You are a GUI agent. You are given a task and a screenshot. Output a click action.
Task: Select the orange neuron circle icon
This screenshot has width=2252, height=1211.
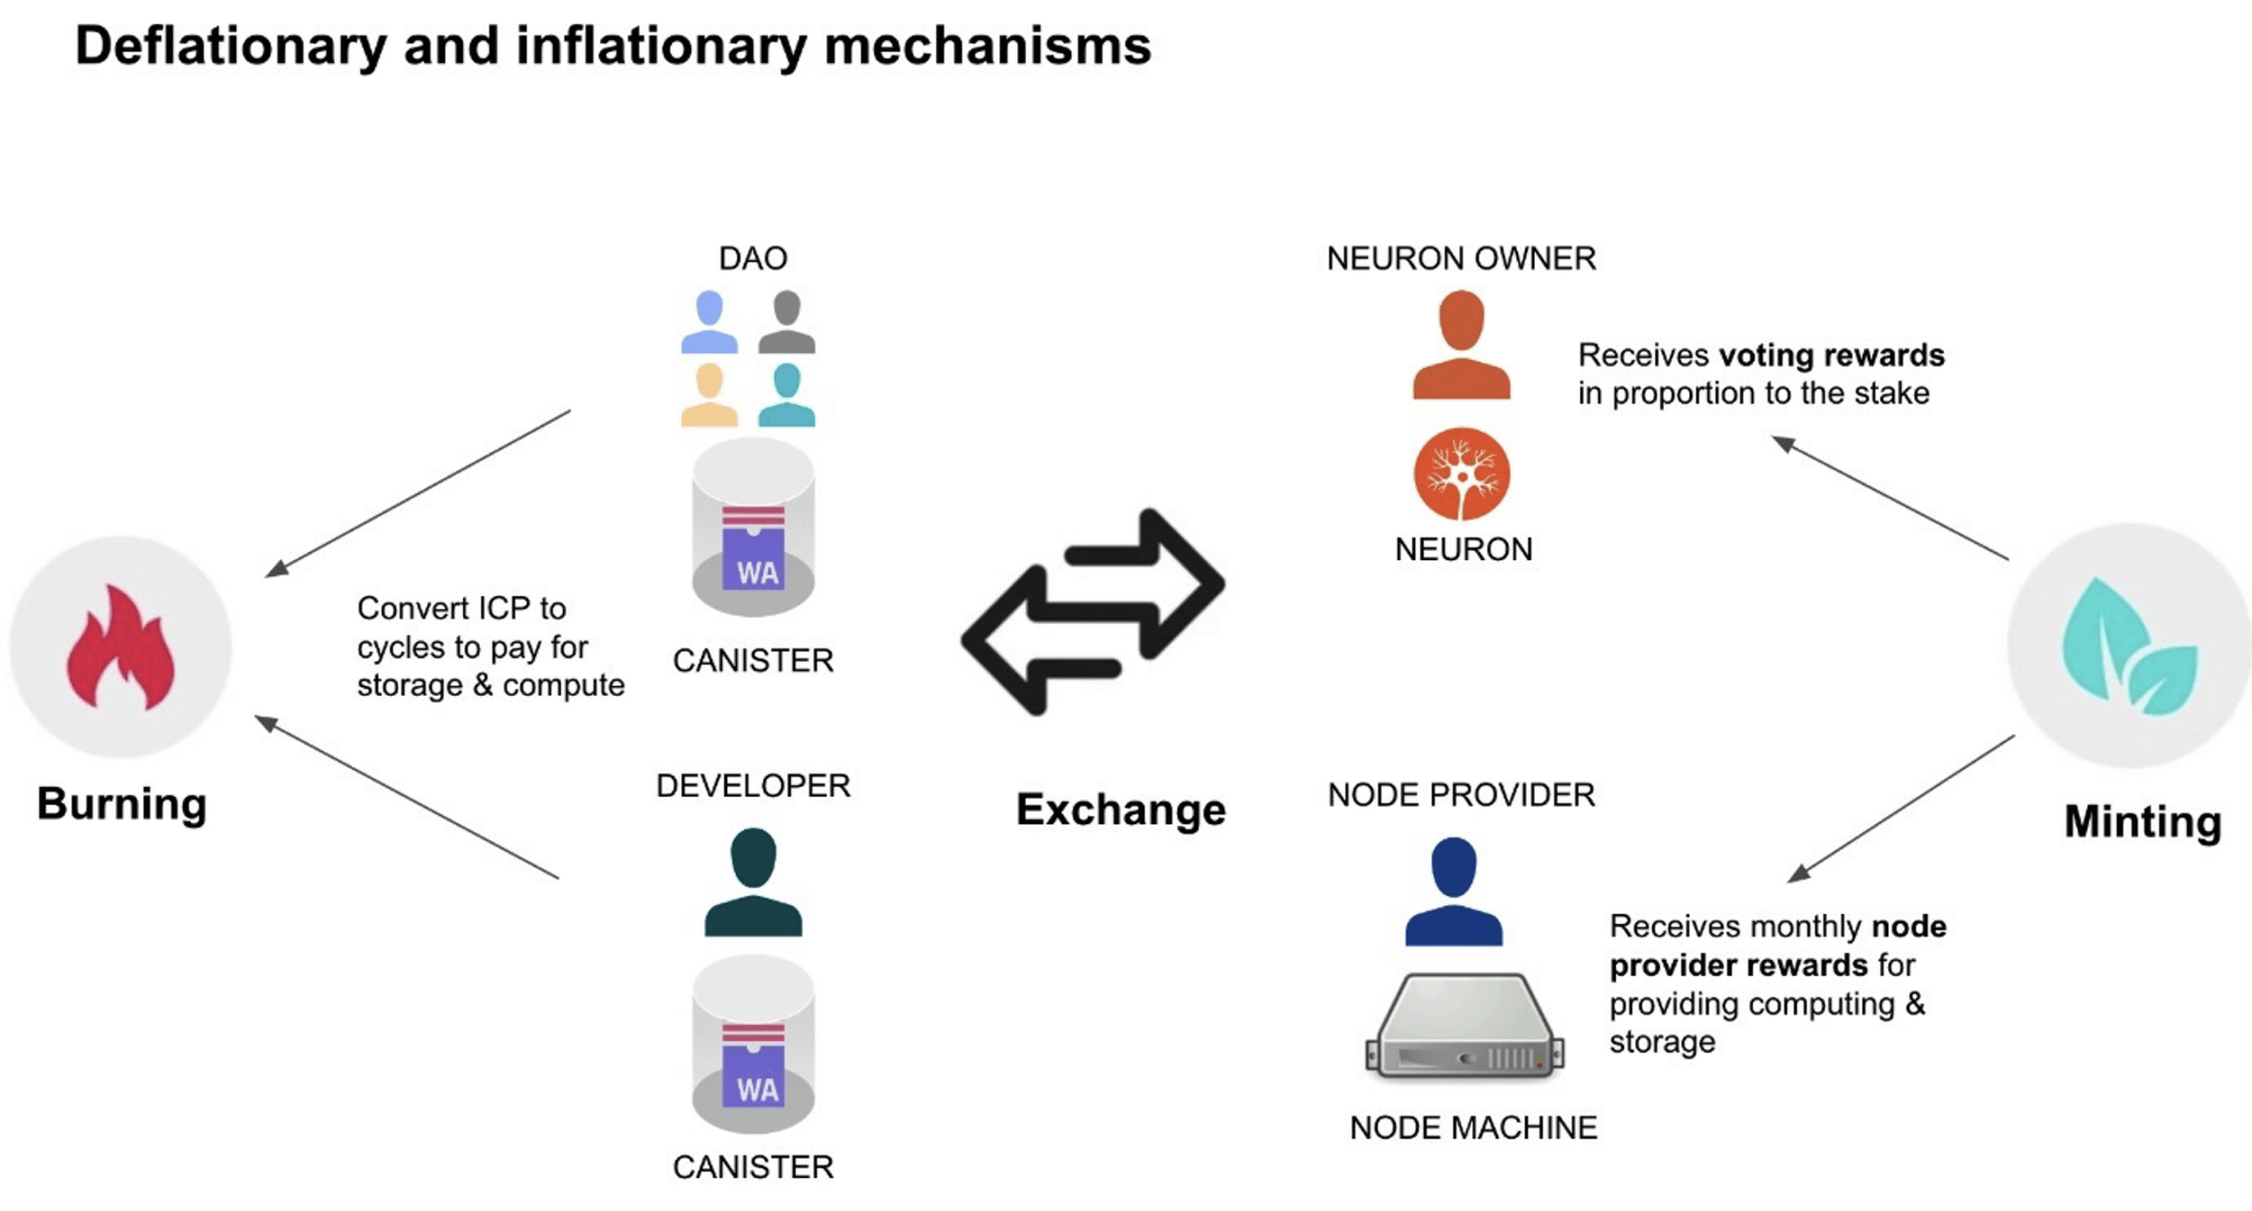pyautogui.click(x=1461, y=475)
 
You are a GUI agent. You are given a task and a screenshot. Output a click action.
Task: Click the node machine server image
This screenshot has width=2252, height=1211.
pyautogui.click(x=1464, y=1027)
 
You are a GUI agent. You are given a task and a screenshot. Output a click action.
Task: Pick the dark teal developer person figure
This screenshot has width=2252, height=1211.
pyautogui.click(x=753, y=882)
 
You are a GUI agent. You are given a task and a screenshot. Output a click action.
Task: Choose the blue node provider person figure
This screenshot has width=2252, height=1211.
pyautogui.click(x=1453, y=892)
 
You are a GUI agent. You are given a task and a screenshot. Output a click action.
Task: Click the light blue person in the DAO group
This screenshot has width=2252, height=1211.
pyautogui.click(x=710, y=322)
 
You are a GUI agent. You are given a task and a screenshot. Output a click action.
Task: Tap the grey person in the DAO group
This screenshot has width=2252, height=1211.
pyautogui.click(x=786, y=322)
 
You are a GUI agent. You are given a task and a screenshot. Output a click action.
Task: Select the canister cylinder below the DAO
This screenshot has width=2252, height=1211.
pyautogui.click(x=753, y=529)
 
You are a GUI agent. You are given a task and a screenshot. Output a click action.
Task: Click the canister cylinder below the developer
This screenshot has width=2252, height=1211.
pyautogui.click(x=753, y=1046)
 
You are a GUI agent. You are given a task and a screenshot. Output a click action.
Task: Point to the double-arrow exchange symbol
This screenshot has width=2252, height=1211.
pyautogui.click(x=1093, y=611)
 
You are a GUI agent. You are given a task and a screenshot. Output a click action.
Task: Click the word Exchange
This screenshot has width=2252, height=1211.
pyautogui.click(x=1120, y=809)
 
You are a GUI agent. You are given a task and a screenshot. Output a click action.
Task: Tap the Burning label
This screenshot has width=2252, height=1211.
pyautogui.click(x=121, y=803)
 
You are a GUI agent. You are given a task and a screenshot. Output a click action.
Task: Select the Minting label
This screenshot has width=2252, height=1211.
pyautogui.click(x=2142, y=821)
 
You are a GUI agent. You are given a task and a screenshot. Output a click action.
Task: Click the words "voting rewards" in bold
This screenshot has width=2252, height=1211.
pyautogui.click(x=1831, y=355)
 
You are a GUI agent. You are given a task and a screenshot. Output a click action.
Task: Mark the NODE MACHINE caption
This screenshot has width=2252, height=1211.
pyautogui.click(x=1473, y=1128)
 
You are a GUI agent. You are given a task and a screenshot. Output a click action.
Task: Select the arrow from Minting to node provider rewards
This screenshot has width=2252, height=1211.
pyautogui.click(x=1901, y=808)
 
